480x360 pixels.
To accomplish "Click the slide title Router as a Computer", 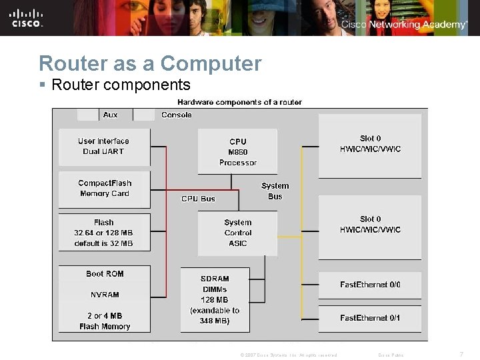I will [150, 63].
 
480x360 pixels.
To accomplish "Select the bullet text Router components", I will [120, 85].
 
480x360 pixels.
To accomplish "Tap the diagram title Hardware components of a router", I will [239, 102].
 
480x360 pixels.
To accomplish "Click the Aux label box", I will [110, 115].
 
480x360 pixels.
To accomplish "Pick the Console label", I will [177, 115].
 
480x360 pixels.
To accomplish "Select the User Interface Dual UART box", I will [104, 146].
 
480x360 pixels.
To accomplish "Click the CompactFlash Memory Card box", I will [104, 189].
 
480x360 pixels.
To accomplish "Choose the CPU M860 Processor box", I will [237, 151].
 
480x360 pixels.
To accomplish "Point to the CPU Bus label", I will [199, 199].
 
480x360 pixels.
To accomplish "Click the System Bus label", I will [275, 191].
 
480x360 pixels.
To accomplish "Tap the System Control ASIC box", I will [237, 233].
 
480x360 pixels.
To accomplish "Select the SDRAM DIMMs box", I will [215, 299].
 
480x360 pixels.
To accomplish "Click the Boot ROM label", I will [105, 274].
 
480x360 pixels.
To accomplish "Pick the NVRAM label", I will [105, 295].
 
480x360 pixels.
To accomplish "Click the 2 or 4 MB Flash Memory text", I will [105, 321].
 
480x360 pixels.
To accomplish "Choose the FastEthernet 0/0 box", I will [370, 285].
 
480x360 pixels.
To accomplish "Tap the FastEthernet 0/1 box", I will [370, 318].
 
